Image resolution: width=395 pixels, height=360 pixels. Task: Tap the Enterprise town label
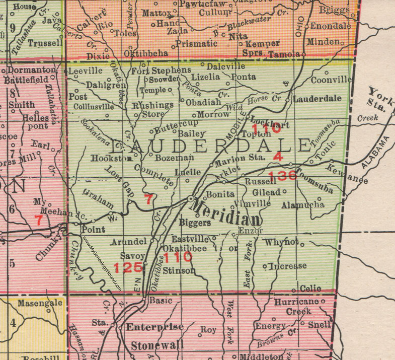[x=154, y=327]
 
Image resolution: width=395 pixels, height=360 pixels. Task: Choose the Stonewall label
[x=156, y=346]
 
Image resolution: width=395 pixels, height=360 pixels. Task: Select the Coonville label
[x=331, y=79]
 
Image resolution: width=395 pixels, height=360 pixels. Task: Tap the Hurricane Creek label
[x=297, y=307]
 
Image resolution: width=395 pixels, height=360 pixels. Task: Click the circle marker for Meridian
[x=191, y=199]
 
